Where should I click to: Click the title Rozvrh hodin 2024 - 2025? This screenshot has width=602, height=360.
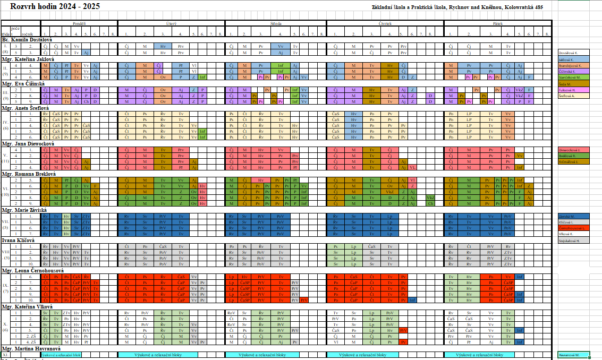pyautogui.click(x=54, y=6)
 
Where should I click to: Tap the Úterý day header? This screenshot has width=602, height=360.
pyautogui.click(x=171, y=24)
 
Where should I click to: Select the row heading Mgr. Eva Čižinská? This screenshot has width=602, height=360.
pyautogui.click(x=23, y=84)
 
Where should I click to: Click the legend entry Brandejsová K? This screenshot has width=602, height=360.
pyautogui.click(x=571, y=65)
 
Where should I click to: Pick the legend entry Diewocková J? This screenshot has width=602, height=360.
pyautogui.click(x=571, y=150)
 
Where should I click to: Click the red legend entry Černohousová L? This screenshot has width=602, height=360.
pyautogui.click(x=572, y=227)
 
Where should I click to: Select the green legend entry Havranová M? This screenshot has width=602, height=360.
pyautogui.click(x=571, y=354)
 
